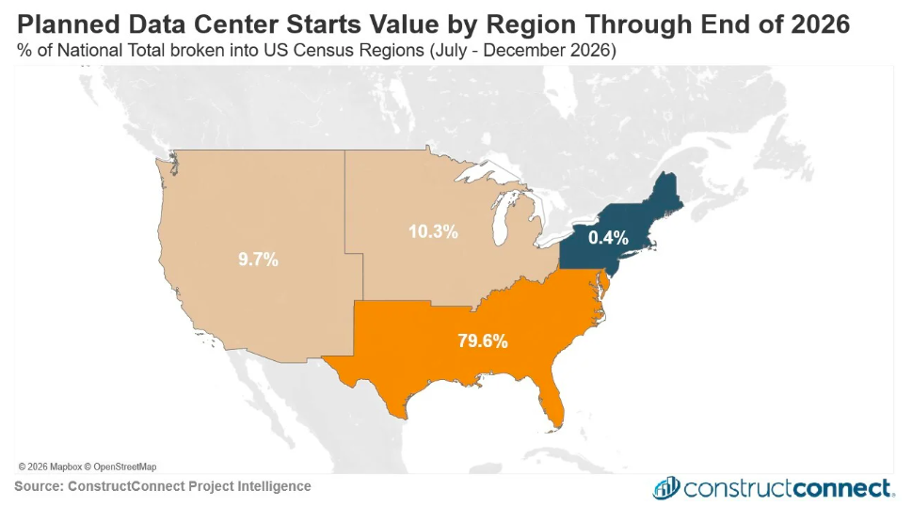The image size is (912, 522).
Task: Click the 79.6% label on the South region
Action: tap(482, 340)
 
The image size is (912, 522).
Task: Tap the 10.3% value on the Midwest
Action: tap(433, 231)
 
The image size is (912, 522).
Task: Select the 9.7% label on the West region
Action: tap(258, 260)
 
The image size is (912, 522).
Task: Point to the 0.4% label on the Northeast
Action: tap(608, 237)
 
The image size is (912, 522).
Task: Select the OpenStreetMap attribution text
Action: tap(125, 467)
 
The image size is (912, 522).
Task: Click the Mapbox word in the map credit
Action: tap(66, 467)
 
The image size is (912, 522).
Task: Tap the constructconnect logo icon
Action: tap(666, 488)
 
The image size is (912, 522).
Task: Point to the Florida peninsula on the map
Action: tap(552, 401)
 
